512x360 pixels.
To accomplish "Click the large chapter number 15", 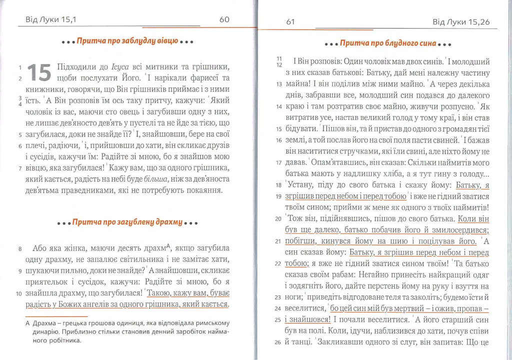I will click(x=39, y=72).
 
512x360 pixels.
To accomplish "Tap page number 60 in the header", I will click(x=224, y=19).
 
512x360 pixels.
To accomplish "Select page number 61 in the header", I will click(x=290, y=22).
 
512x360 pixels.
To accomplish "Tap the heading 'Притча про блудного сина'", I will click(x=388, y=43).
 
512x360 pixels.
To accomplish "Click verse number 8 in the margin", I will click(x=19, y=248).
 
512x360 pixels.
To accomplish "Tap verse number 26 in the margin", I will click(x=278, y=343).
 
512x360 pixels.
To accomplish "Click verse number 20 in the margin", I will click(x=278, y=219).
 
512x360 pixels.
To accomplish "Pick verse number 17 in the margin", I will click(x=278, y=162).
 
